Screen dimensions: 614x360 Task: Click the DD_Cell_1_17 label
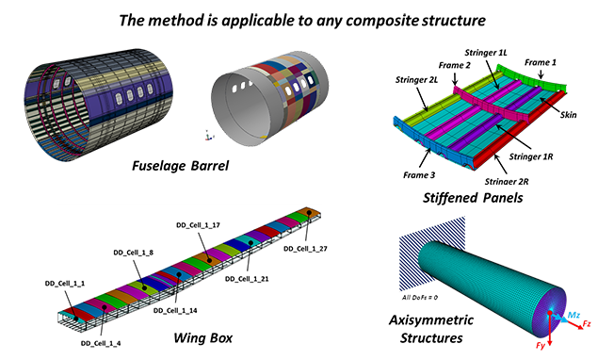pos(198,225)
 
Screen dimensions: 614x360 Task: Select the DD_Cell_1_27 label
pos(305,249)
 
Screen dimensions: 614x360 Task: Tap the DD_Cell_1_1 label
pos(65,284)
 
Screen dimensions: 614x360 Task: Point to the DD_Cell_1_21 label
pos(247,279)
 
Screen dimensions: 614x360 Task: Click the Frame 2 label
pos(454,65)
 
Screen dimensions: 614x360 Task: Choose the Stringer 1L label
pos(486,53)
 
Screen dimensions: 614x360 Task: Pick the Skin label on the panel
pos(568,115)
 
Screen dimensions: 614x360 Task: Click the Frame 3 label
pos(419,175)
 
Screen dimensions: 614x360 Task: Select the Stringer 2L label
pos(416,80)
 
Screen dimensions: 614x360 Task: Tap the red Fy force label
pos(541,346)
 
